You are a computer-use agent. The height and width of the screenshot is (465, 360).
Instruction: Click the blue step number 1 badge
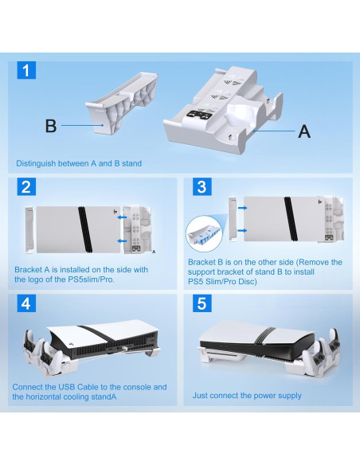pyautogui.click(x=26, y=70)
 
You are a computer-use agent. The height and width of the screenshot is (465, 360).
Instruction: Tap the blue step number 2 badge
pyautogui.click(x=26, y=187)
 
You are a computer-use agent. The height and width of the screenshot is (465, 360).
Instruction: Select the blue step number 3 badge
pyautogui.click(x=202, y=187)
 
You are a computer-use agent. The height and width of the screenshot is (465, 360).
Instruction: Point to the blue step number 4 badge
pyautogui.click(x=26, y=303)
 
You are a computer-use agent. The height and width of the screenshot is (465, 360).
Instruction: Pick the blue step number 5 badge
pyautogui.click(x=202, y=303)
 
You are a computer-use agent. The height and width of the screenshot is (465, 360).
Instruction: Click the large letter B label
pyautogui.click(x=51, y=126)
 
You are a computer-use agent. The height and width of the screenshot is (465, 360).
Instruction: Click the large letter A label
pyautogui.click(x=304, y=131)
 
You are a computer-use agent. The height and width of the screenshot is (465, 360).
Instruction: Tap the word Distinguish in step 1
pyautogui.click(x=36, y=164)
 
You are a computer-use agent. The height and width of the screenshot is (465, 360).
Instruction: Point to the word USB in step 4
pyautogui.click(x=66, y=387)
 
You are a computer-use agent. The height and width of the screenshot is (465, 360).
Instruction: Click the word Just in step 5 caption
pyautogui.click(x=200, y=395)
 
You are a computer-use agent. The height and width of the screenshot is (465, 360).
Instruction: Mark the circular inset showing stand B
pyautogui.click(x=204, y=233)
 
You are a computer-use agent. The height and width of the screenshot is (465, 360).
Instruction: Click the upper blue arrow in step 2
pyautogui.click(x=122, y=217)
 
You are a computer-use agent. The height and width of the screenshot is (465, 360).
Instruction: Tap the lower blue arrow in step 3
pyautogui.click(x=242, y=230)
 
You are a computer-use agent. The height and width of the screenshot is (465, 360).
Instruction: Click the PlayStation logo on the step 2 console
pyautogui.click(x=115, y=212)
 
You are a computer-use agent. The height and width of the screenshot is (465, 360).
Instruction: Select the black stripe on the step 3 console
pyautogui.click(x=291, y=219)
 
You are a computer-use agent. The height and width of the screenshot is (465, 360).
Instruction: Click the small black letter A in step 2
pyautogui.click(x=154, y=252)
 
